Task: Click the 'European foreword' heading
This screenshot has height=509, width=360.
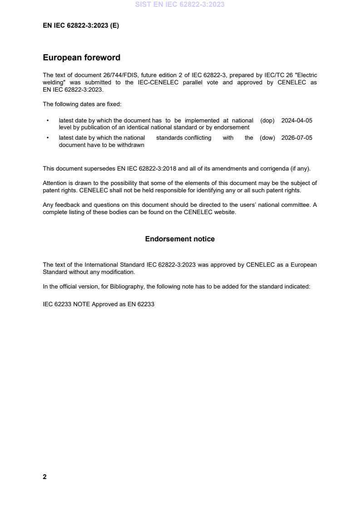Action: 81,58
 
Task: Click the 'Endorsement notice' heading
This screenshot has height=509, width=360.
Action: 180,239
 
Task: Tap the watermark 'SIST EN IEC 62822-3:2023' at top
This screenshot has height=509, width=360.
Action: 180,5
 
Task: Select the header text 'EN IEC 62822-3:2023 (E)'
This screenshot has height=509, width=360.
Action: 81,26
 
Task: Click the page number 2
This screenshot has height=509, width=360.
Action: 44,477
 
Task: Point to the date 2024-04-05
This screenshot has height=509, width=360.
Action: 297,120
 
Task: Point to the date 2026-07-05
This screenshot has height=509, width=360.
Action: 297,138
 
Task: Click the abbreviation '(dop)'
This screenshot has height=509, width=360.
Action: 267,120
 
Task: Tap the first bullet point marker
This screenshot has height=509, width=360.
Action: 47,121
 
